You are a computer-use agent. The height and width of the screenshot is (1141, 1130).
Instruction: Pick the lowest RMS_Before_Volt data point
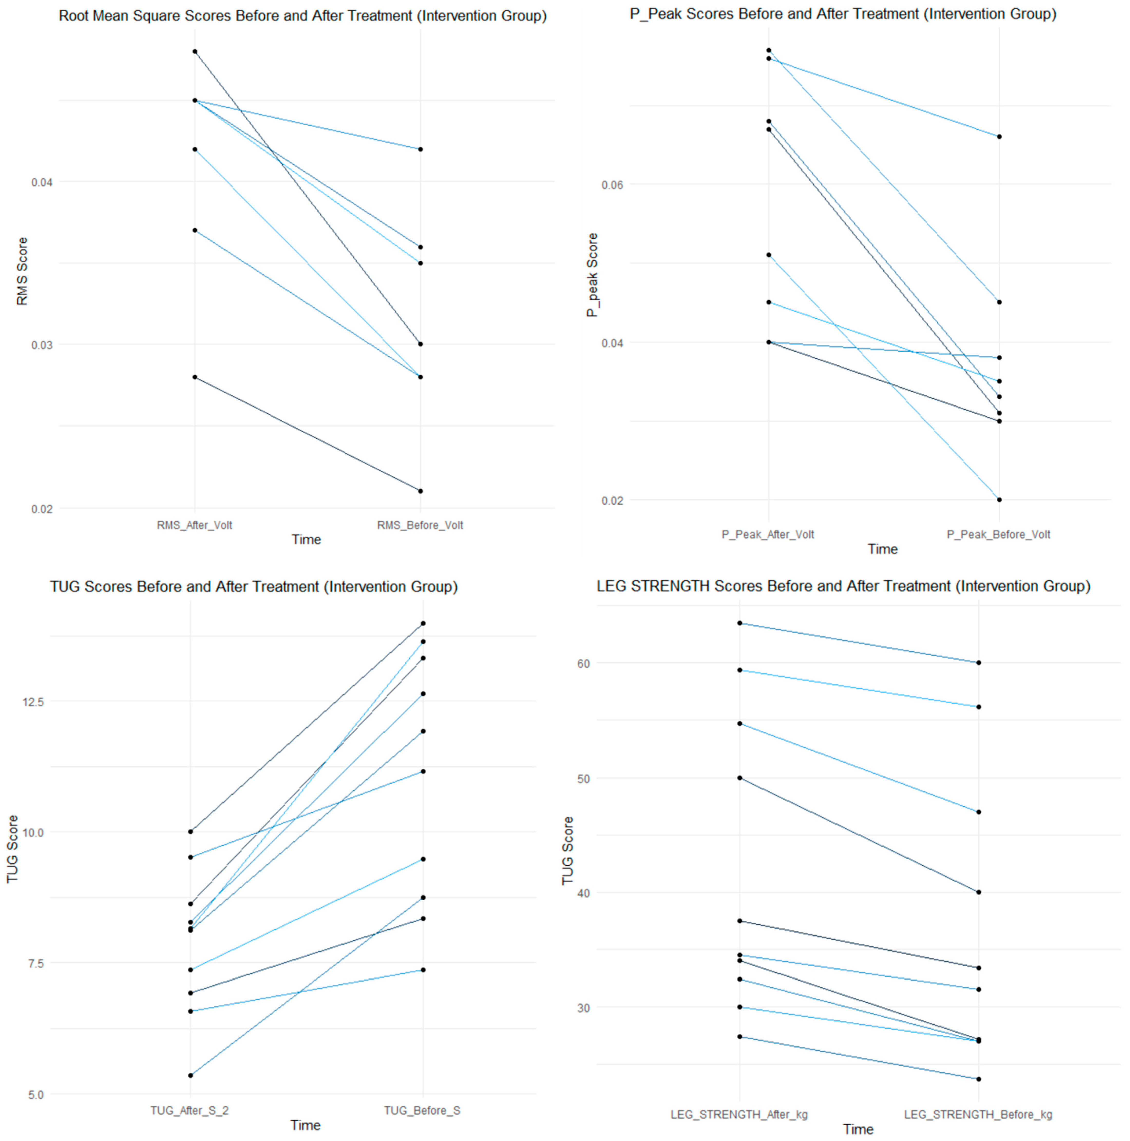click(x=420, y=491)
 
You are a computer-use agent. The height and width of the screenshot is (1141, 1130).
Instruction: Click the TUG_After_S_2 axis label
click(x=189, y=1110)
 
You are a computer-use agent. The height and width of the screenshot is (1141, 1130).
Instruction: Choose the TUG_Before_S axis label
click(x=422, y=1110)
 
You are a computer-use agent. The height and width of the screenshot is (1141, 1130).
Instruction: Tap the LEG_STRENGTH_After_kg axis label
click(x=739, y=1115)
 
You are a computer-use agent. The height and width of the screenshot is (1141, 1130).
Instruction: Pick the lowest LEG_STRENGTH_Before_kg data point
click(x=979, y=1079)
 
